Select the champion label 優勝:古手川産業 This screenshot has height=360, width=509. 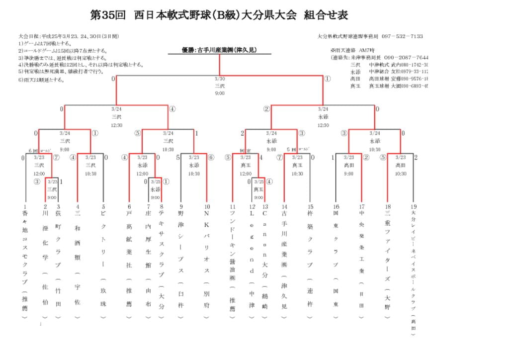219,50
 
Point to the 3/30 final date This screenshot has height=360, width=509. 220,79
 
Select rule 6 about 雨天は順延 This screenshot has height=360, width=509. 42,80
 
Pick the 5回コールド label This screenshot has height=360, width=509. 297,150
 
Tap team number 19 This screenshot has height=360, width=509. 414,206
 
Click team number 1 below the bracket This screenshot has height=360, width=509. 25,206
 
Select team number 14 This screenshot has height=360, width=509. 284,206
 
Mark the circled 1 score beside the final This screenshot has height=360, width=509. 327,79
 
